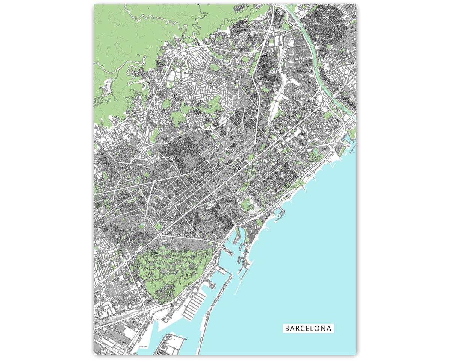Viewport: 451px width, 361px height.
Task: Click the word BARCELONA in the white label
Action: click(x=308, y=328)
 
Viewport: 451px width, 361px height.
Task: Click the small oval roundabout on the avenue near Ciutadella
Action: click(x=225, y=183)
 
